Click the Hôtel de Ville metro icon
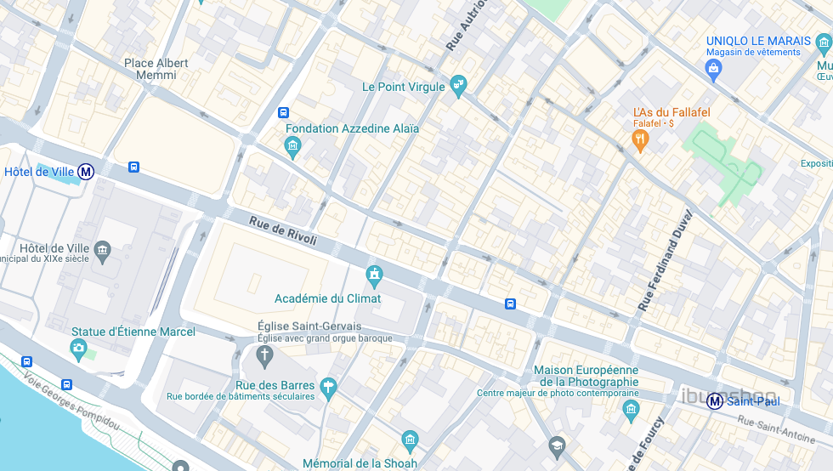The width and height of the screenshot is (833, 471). [x=86, y=172]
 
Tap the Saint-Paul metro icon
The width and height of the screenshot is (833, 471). [x=716, y=400]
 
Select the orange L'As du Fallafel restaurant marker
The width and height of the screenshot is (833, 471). [x=641, y=139]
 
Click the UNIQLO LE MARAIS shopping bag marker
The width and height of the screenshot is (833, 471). [x=713, y=67]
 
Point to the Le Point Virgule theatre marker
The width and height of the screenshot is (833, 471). [x=459, y=86]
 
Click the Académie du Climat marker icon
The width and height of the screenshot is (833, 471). [x=373, y=275]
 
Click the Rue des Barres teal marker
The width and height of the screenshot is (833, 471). [x=329, y=388]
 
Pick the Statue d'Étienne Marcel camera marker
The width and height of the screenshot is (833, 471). [x=79, y=348]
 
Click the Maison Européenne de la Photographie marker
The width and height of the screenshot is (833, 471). [x=630, y=411]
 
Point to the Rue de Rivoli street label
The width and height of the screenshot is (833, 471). [x=283, y=231]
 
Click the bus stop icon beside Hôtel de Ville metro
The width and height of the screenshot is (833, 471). [x=133, y=167]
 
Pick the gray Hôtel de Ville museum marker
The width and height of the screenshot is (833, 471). [x=103, y=249]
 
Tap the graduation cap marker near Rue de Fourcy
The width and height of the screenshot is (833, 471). [x=557, y=445]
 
